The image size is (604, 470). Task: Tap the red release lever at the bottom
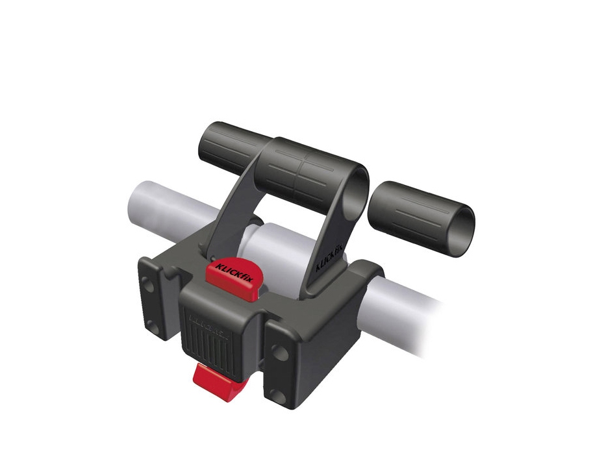(214, 381)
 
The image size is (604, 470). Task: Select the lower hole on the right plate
(279, 396)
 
